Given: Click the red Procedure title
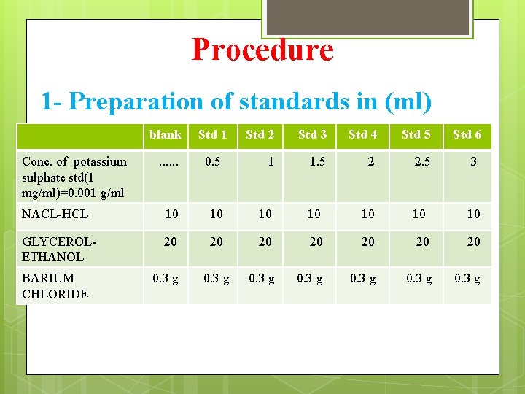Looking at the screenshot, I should coord(262,50).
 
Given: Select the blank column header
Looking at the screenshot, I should coord(165,134).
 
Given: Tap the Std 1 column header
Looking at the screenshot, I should coord(213,134).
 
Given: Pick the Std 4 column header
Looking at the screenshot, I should coord(363,134).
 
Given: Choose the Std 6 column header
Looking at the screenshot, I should coord(467,134).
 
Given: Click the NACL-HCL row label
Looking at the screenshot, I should coord(55,214).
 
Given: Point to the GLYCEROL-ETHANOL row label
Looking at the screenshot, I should coord(58,249).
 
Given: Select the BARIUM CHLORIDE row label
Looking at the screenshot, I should coord(55,286).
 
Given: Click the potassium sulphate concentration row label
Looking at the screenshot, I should coord(74,177).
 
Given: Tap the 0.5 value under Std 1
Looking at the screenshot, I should coord(213,162).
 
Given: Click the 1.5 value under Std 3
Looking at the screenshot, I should coord(316,162).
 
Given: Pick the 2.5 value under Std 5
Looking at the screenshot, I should coord(421,162).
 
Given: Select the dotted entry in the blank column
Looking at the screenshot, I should coord(168,162).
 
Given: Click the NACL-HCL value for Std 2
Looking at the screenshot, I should coord(265,214).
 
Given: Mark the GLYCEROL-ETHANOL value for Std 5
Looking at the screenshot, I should coord(421,242).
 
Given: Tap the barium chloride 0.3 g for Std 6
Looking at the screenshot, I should coord(467,278).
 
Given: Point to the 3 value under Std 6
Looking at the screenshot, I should coord(473,162).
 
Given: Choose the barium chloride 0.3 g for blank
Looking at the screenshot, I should coord(164,278).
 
